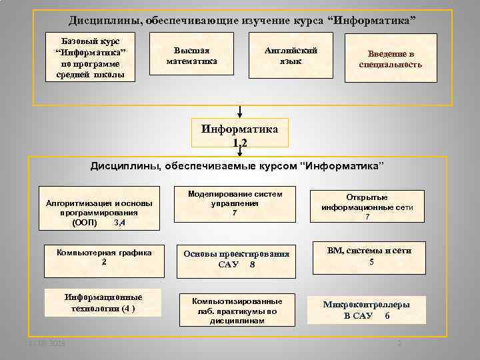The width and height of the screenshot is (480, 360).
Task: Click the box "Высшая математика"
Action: (x=192, y=57)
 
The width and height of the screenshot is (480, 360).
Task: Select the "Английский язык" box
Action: (x=291, y=57)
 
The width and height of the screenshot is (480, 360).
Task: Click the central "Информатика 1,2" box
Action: (x=240, y=133)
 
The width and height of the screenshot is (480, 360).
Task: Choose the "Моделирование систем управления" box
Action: (x=234, y=203)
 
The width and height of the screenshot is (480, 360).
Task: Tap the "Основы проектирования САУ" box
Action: (x=237, y=259)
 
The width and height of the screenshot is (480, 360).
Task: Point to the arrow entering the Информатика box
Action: (x=240, y=111)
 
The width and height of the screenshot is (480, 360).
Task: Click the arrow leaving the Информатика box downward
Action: (x=240, y=151)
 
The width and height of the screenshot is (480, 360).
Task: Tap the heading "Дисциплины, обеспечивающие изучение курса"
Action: (x=241, y=21)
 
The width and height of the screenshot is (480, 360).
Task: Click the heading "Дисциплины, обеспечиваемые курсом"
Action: (x=237, y=165)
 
